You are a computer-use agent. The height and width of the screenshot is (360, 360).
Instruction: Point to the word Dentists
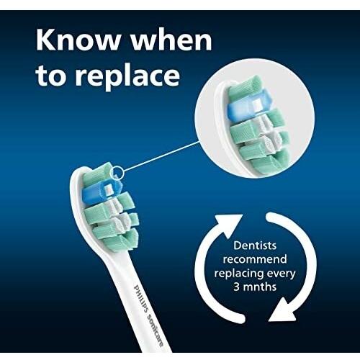(255, 246)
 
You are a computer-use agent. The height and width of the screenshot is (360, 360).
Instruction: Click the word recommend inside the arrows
(255, 259)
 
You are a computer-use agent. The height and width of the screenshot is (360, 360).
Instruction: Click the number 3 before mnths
(236, 287)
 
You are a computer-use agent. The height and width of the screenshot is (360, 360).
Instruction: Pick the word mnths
(260, 287)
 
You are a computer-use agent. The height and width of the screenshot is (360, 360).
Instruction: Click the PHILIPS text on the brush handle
(140, 298)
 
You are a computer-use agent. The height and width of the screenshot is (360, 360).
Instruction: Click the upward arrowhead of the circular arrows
(228, 225)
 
